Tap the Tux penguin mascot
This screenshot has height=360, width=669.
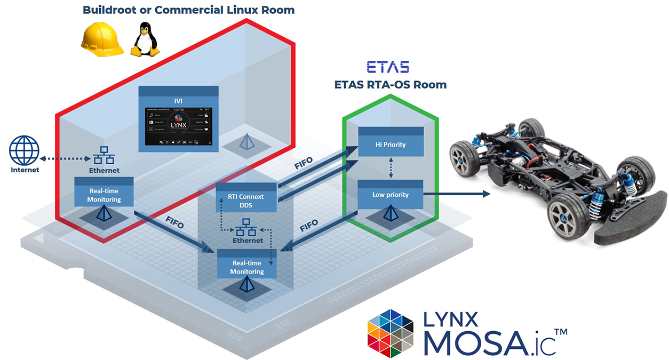pyautogui.click(x=145, y=40)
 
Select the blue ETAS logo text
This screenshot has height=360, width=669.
pyautogui.click(x=388, y=67)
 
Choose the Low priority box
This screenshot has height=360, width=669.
pyautogui.click(x=390, y=195)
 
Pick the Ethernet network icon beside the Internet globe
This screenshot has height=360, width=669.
pyautogui.click(x=103, y=156)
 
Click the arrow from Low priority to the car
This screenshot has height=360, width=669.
pyautogui.click(x=456, y=194)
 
